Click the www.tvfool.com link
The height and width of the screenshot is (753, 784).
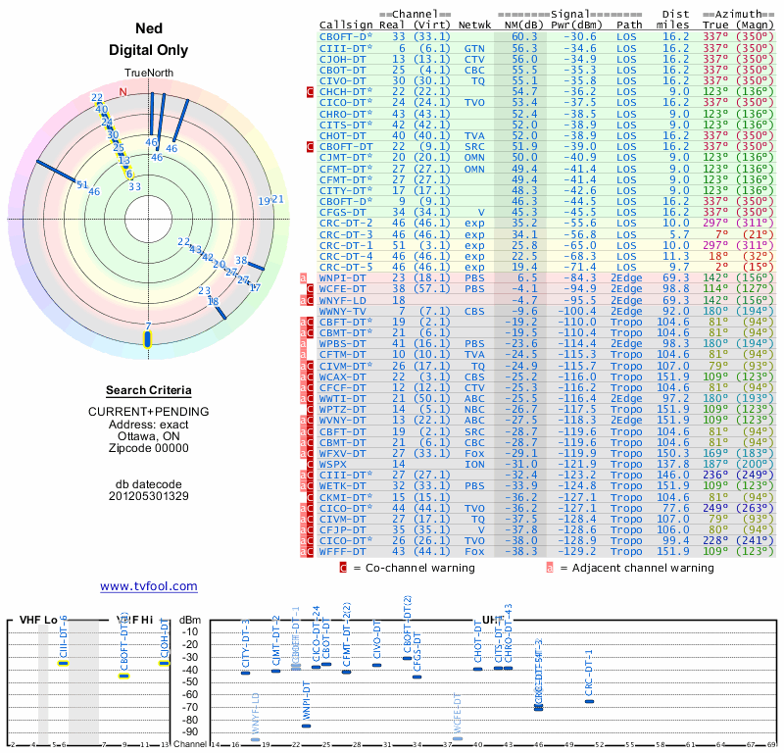click(x=148, y=586)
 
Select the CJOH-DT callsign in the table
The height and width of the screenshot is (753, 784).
click(x=343, y=58)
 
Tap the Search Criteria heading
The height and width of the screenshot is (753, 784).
click(x=147, y=390)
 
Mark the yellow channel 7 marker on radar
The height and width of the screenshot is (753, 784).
click(x=148, y=338)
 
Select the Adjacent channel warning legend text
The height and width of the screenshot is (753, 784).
click(x=636, y=567)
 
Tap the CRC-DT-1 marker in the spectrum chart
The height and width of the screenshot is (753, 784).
click(x=588, y=700)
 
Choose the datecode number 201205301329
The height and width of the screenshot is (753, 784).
click(x=148, y=496)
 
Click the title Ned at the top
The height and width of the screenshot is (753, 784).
click(x=147, y=29)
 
